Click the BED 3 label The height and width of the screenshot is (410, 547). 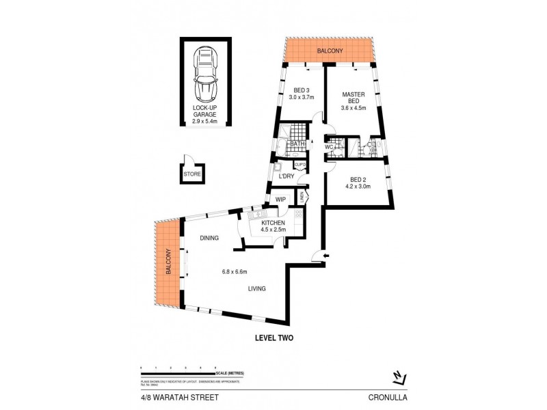coord(303,94)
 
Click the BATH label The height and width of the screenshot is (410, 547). coord(297,144)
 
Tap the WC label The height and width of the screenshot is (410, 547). coord(328,147)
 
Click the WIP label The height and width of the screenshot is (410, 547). coord(281,200)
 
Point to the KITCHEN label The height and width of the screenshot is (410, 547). coord(273,223)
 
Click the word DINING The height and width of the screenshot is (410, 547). coord(210,238)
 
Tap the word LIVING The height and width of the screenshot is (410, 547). coord(257,288)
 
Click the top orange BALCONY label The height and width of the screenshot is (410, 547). coord(328,51)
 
